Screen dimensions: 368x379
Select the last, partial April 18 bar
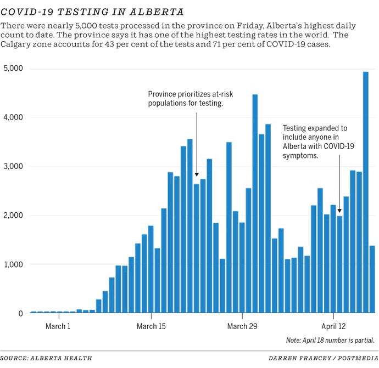tap(372, 280)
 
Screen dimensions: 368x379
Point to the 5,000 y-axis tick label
tap(13, 69)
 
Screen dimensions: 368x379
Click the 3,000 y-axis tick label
tap(13, 166)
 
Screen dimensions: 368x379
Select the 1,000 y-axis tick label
tap(13, 264)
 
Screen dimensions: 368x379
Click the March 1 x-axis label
tap(58, 326)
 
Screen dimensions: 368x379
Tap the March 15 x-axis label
tap(150, 326)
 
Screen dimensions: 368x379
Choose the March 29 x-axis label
tap(242, 326)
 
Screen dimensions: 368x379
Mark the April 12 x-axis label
tap(333, 326)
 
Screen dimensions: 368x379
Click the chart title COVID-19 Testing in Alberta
tap(92, 12)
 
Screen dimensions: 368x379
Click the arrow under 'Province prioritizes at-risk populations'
tap(196, 143)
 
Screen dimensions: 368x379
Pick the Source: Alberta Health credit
tap(46, 358)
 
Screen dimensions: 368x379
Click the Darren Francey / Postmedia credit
tap(322, 358)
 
